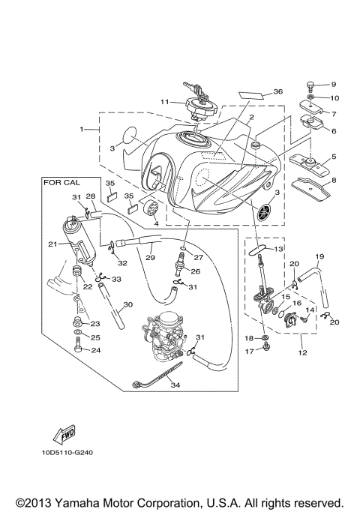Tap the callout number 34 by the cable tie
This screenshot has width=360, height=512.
click(x=175, y=386)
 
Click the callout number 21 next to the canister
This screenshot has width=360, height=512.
click(x=52, y=244)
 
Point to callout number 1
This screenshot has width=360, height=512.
click(x=82, y=129)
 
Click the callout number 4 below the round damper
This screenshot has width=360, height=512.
click(x=155, y=223)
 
